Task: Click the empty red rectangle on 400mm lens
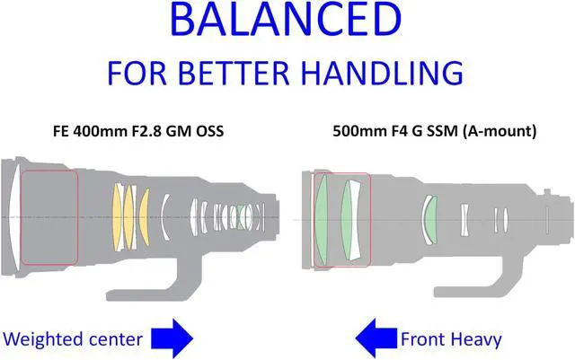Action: pyautogui.click(x=49, y=217)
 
